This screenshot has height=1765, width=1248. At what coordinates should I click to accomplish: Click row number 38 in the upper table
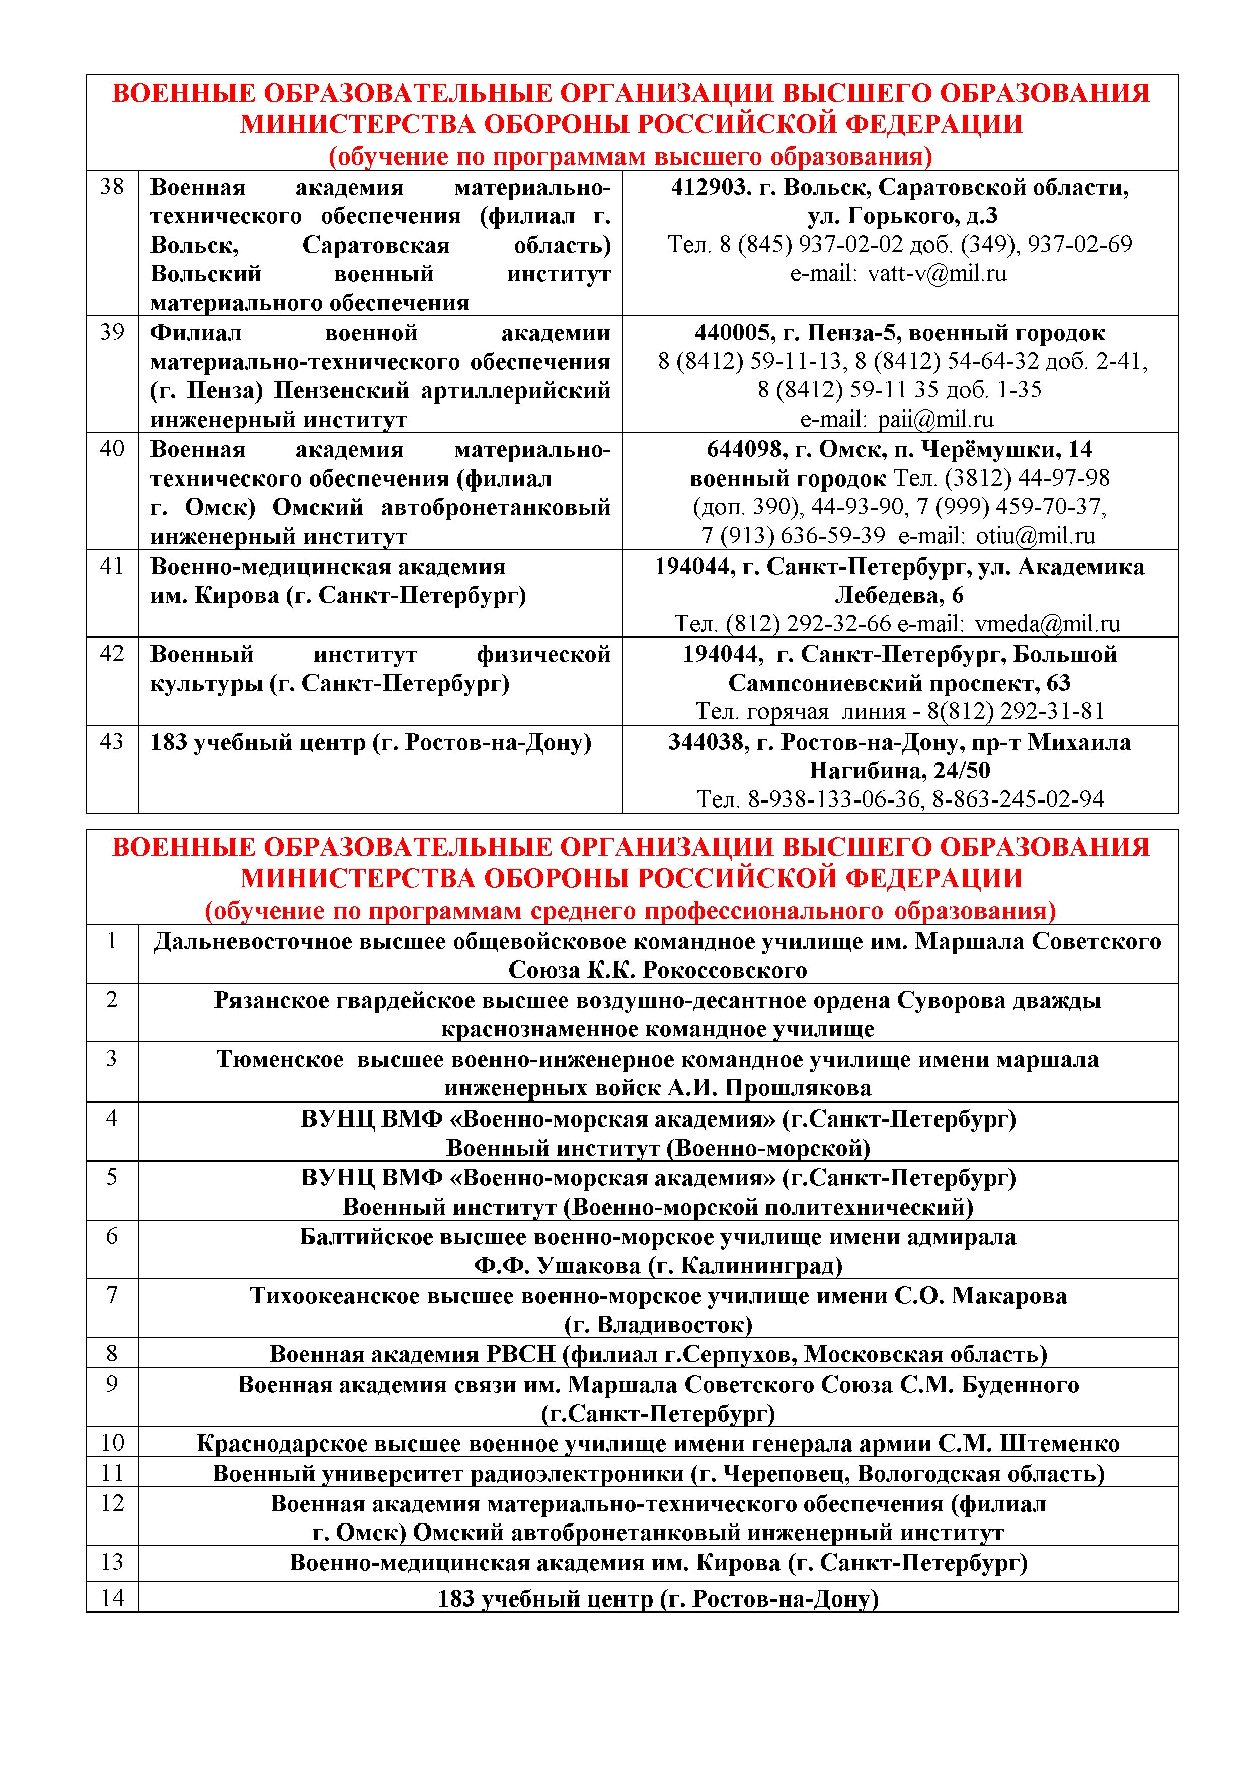[x=112, y=187]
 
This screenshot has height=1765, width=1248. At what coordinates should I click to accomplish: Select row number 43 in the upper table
[x=112, y=742]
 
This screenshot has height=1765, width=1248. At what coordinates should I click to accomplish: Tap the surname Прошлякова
[x=798, y=1088]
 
